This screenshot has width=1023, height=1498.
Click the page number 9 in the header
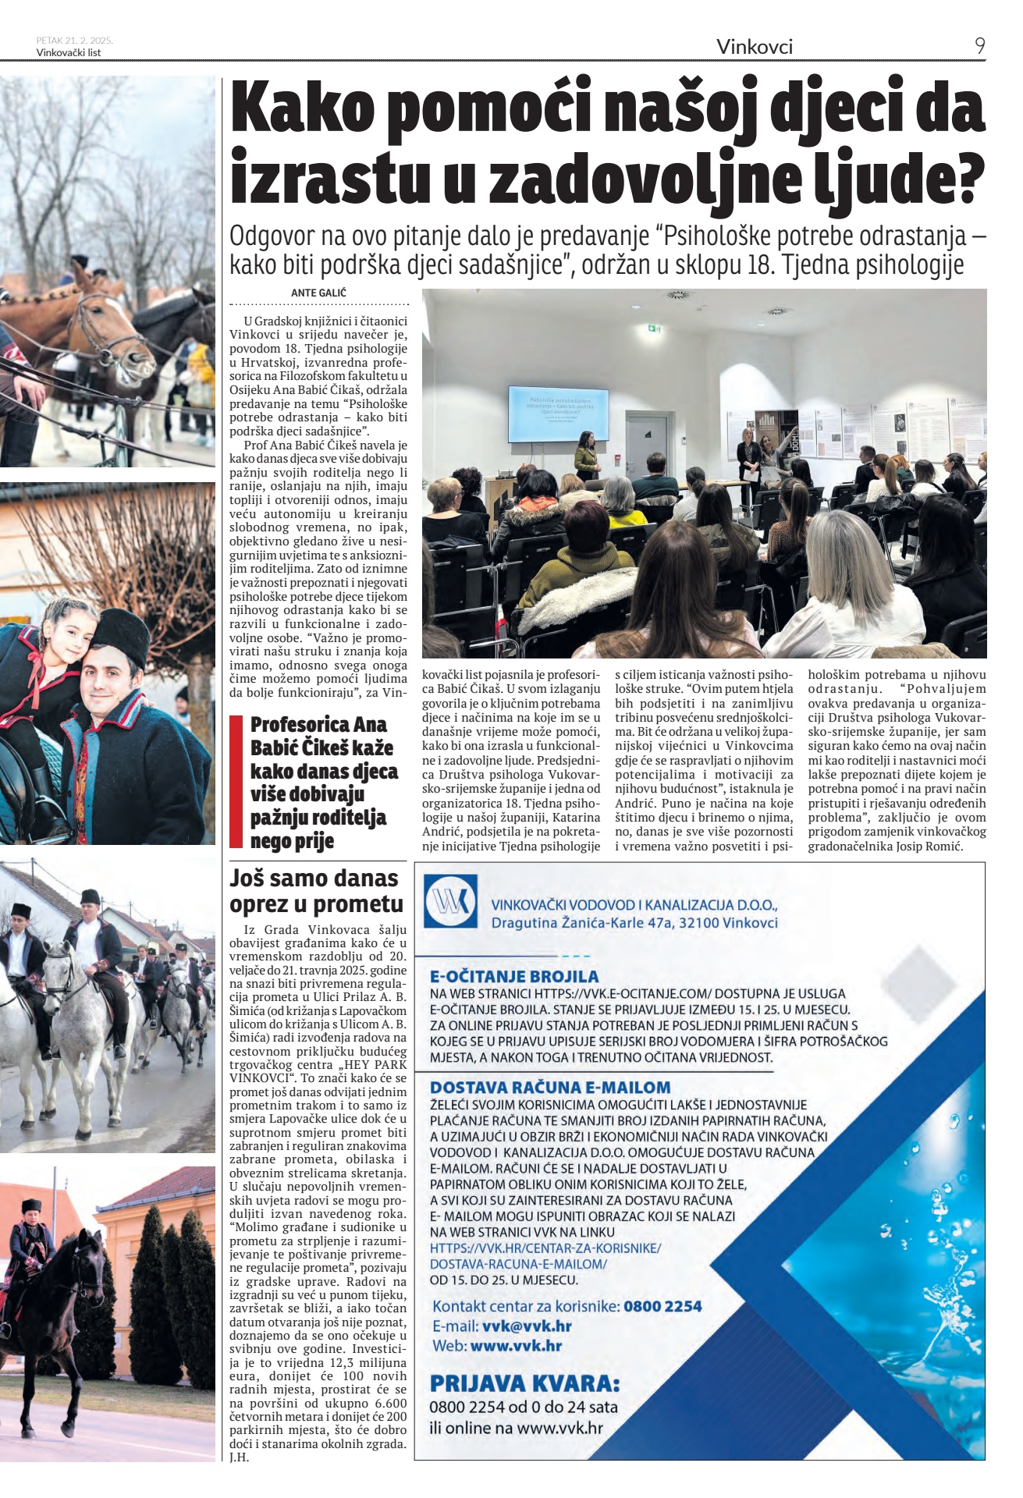pos(979,46)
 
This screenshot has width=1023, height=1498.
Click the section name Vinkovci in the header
pos(754,47)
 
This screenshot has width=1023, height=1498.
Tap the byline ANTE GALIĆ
pos(318,293)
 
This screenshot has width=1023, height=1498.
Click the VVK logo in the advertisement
pos(450,901)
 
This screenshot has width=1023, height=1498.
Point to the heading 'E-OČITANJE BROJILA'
pos(514,976)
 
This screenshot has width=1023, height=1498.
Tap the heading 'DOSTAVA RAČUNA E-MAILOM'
pos(550,1087)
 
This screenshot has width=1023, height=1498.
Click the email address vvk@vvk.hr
pos(527,1326)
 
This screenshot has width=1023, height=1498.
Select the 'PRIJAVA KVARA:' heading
pos(524,1383)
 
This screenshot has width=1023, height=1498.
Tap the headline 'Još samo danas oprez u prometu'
pos(314,890)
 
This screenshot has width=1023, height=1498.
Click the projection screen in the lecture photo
pos(558,414)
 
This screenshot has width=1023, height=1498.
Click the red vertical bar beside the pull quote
pos(236,781)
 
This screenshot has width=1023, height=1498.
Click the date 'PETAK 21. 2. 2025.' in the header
pos(75,40)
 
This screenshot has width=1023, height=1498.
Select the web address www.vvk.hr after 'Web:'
pos(516,1345)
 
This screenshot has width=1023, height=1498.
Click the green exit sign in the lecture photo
pos(652,329)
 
